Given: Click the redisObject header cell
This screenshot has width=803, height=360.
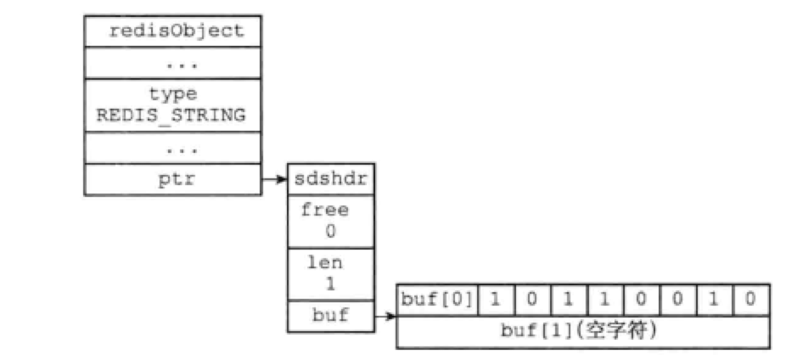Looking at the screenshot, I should tap(175, 32).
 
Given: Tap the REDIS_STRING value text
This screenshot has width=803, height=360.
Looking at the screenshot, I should tap(173, 115).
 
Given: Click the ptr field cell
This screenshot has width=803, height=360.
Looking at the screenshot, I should tap(173, 179).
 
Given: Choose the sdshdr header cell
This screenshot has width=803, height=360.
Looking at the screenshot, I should tap(328, 180).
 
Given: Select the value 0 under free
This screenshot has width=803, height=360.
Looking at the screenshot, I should tap(328, 230).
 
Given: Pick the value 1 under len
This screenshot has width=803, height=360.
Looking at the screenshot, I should tap(328, 284).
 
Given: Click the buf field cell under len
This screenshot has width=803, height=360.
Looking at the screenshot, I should tap(328, 318).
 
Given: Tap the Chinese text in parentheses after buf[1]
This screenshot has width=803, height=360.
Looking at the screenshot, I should tap(624, 332).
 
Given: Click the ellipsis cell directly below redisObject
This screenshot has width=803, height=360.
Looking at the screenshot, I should tap(175, 63).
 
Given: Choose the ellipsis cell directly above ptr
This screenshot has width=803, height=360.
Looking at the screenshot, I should tap(175, 149).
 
